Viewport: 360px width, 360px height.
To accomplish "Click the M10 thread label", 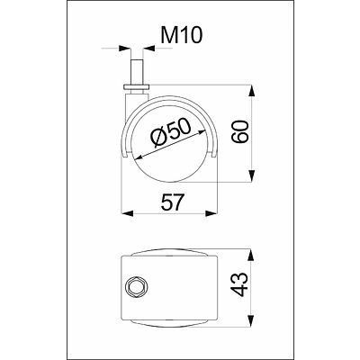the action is click(182, 35).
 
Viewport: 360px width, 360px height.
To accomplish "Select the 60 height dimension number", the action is click(240, 131).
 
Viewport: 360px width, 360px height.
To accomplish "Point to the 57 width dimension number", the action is click(171, 202).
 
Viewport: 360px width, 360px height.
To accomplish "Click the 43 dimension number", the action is click(240, 284).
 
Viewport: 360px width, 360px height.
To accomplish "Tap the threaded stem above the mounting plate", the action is click(137, 72).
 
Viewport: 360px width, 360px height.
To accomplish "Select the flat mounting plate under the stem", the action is click(136, 87).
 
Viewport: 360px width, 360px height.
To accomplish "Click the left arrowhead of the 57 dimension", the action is click(127, 213).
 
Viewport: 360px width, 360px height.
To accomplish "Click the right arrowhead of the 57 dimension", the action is click(211, 213).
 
